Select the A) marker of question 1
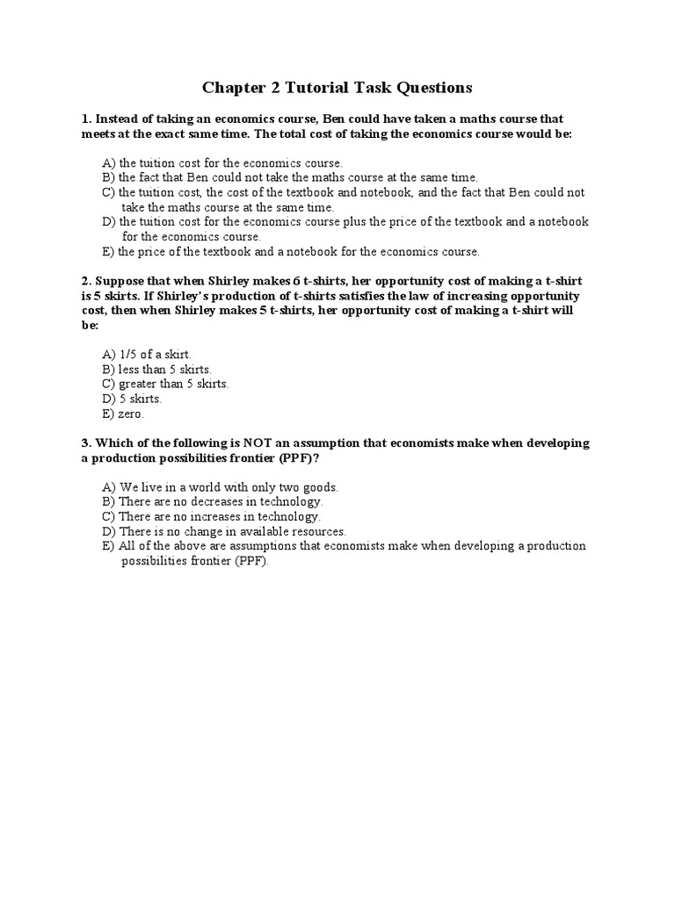coord(109,163)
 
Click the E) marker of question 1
coord(109,252)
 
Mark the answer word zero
coord(130,414)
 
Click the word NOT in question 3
coord(234,443)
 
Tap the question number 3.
coord(85,443)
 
